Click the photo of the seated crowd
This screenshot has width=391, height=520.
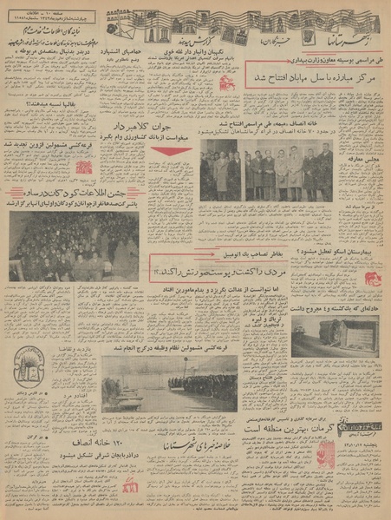pos(74,247)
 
